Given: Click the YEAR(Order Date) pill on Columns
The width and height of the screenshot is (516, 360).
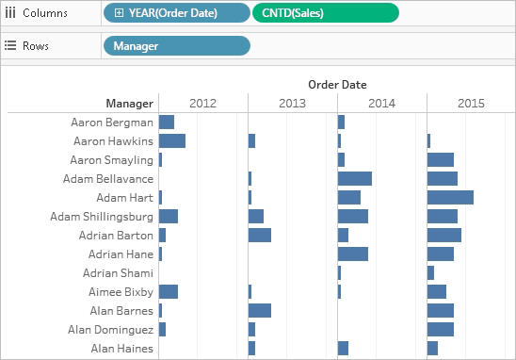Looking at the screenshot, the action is tap(177, 13).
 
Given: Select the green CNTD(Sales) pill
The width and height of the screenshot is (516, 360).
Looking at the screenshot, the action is tap(326, 13).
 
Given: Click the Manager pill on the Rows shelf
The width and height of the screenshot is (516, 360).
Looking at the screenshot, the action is tap(177, 46).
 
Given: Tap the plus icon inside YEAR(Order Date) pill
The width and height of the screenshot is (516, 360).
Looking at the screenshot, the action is tap(119, 13).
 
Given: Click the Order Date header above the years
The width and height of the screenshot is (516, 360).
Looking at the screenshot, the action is tap(337, 85).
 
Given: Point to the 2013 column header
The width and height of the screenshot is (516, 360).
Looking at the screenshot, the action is tap(292, 104).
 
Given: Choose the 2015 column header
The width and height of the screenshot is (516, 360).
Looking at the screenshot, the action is tap(471, 104).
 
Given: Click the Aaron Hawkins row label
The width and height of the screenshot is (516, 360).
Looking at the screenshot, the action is tap(113, 141).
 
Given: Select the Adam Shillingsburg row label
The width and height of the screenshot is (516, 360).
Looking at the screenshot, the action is tap(102, 217).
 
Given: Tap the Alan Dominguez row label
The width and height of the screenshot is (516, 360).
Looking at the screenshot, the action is tap(110, 330).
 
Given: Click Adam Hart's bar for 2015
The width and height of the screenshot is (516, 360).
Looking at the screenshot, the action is tap(450, 198).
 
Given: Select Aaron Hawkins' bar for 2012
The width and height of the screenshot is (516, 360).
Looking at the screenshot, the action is tap(172, 141).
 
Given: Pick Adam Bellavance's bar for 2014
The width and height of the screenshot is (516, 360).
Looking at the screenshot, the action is tap(355, 179).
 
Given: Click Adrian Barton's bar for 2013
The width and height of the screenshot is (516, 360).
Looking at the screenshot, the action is tap(260, 236).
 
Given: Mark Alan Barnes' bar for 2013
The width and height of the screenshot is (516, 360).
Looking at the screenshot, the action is tap(260, 311).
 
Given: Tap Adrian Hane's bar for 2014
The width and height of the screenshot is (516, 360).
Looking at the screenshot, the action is tap(353, 254).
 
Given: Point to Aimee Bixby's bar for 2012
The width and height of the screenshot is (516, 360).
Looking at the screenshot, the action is tap(169, 292).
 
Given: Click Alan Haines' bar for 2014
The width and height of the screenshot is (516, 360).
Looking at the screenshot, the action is tap(343, 348).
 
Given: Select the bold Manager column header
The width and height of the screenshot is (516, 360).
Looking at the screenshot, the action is tap(130, 104).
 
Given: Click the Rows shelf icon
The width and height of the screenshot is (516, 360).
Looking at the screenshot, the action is tap(10, 45).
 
